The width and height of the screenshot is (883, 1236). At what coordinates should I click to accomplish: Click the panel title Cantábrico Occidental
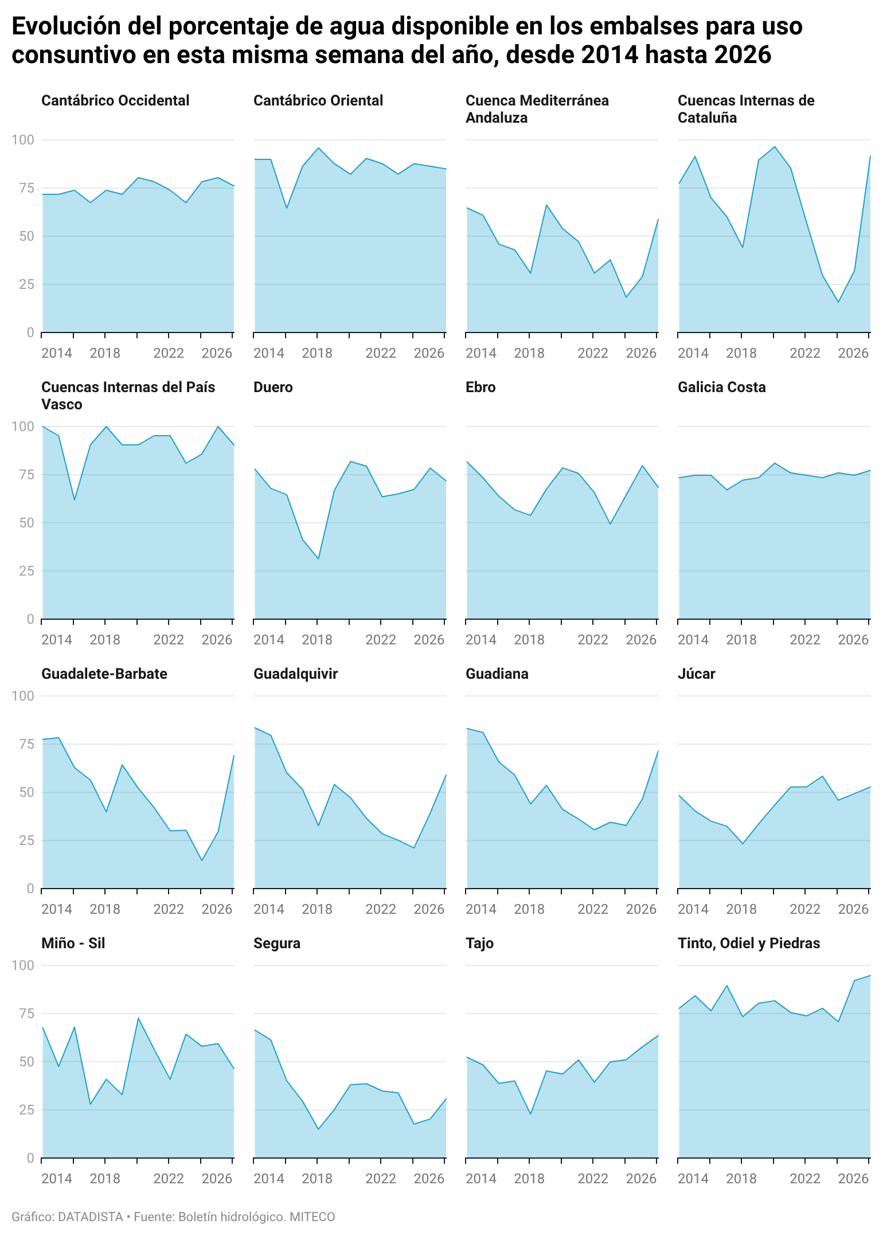pyautogui.click(x=115, y=101)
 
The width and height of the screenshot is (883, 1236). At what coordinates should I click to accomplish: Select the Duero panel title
pyautogui.click(x=273, y=388)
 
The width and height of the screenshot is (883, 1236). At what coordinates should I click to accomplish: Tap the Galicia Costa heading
pyautogui.click(x=721, y=388)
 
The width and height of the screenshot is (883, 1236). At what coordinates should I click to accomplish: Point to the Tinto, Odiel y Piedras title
pyautogui.click(x=748, y=944)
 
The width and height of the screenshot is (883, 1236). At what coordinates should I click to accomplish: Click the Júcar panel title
pyautogui.click(x=696, y=674)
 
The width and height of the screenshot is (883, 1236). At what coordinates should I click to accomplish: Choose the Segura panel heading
pyautogui.click(x=277, y=944)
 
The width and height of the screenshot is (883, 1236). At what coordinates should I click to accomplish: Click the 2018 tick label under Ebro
pyautogui.click(x=529, y=640)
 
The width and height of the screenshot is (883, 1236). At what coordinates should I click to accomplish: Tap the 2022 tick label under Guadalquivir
pyautogui.click(x=381, y=909)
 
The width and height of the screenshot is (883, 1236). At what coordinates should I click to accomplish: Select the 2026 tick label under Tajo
pyautogui.click(x=641, y=1179)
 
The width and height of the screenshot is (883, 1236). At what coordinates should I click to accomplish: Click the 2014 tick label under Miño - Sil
pyautogui.click(x=57, y=1179)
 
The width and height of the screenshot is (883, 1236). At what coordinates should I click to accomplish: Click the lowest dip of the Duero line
pyautogui.click(x=318, y=559)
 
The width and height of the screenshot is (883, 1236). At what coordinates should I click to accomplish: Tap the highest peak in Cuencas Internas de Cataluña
pyautogui.click(x=775, y=147)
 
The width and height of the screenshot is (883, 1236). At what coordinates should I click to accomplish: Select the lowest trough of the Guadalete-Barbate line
pyautogui.click(x=202, y=860)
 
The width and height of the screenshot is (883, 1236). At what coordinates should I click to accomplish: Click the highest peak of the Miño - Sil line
pyautogui.click(x=138, y=1018)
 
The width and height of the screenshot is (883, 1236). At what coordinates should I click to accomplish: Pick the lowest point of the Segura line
pyautogui.click(x=318, y=1129)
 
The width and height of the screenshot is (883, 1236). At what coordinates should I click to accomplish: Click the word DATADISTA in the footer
pyautogui.click(x=90, y=1217)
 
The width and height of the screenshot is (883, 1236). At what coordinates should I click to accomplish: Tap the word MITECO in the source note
pyautogui.click(x=312, y=1217)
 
